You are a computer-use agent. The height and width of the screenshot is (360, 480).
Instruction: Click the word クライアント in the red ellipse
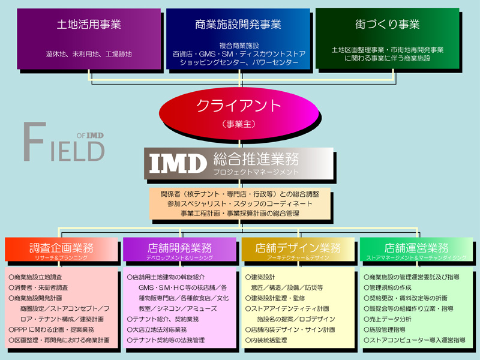(239, 106)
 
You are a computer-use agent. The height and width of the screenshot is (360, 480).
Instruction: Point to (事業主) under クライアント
(239, 125)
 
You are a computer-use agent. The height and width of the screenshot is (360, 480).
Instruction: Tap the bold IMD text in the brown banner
(178, 162)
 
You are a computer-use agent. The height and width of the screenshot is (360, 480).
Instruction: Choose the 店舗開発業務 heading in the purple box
(179, 247)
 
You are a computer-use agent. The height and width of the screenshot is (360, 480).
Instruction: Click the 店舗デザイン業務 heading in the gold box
(298, 247)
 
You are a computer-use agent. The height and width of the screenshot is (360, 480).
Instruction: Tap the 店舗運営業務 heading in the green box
(417, 247)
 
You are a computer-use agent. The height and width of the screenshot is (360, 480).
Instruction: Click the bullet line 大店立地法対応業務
(157, 329)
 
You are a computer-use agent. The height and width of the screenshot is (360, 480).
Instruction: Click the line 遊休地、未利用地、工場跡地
(89, 53)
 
